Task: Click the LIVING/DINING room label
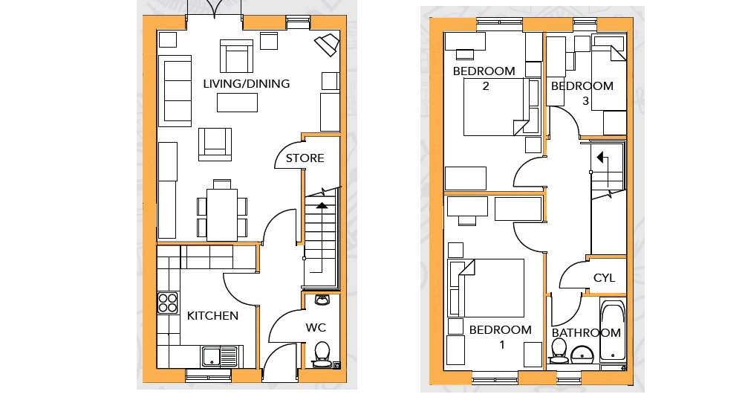coord(246,84)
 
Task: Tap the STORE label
coord(305,158)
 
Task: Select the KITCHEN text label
coord(212,316)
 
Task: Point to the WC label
coord(316,328)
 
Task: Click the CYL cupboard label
coord(605,278)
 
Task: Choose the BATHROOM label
coord(586,332)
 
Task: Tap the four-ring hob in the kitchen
coord(168,303)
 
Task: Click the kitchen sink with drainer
coord(220,357)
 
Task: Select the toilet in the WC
coord(322,355)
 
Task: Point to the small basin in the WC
coord(322,300)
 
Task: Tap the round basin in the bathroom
coord(582,355)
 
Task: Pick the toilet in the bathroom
coord(558,351)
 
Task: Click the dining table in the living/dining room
coord(222,215)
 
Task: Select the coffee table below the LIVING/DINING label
coord(237,103)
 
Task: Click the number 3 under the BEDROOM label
coord(586,101)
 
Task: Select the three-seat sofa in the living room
coord(175,91)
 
